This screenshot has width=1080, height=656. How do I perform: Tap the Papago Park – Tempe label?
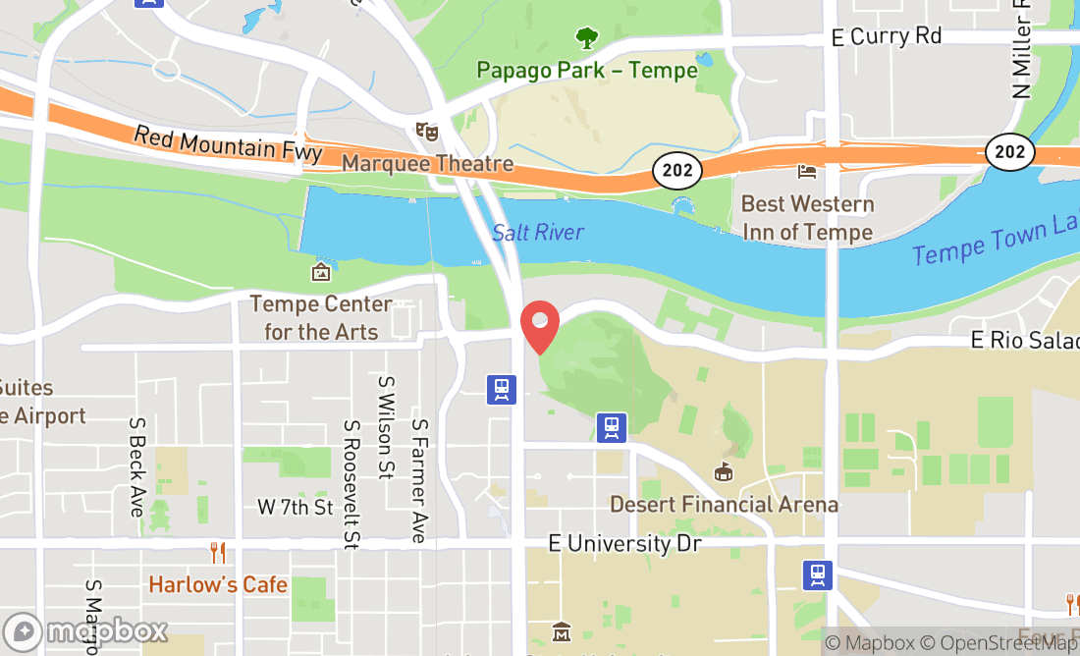(587, 71)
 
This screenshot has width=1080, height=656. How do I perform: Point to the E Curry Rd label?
(886, 37)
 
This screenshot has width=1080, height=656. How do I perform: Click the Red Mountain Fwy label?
(228, 143)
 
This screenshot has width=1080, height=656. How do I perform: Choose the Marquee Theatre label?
(427, 163)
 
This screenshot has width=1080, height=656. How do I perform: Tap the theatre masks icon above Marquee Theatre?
(426, 130)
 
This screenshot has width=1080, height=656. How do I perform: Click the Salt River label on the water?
(538, 233)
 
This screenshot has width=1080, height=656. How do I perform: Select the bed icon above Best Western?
(807, 172)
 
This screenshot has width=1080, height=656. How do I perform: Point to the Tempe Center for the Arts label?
(321, 318)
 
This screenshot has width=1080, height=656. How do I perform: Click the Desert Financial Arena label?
(724, 505)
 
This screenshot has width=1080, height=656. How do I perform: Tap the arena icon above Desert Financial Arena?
(724, 472)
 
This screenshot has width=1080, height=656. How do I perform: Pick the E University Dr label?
(624, 543)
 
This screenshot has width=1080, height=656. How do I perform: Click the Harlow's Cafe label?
(218, 585)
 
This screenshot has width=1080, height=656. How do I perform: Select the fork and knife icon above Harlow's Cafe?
(218, 553)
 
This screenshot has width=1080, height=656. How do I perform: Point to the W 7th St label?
(296, 508)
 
